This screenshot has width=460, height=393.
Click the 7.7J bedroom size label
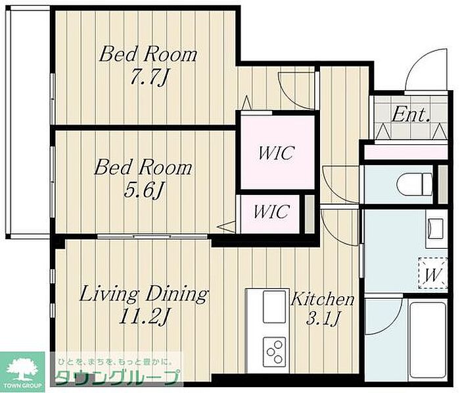(x=150, y=78)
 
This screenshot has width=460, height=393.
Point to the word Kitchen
(x=323, y=300)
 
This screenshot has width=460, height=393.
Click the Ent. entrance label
(x=411, y=115)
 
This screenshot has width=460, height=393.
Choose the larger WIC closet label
(x=275, y=153)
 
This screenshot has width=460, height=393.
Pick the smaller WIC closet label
(x=271, y=211)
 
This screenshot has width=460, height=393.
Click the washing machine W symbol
(x=433, y=274)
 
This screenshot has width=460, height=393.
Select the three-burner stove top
(x=274, y=352)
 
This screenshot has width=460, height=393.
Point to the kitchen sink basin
(x=274, y=307)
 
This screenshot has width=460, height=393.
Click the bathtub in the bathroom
(x=427, y=340)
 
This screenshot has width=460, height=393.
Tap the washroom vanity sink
(x=436, y=228)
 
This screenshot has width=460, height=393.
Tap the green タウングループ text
(x=118, y=377)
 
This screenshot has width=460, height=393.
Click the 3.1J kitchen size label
(x=323, y=318)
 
